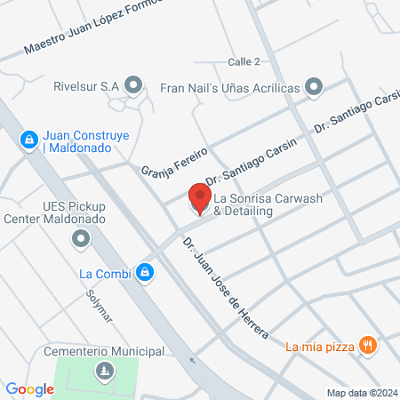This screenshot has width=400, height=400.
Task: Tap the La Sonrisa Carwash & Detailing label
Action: tap(263, 201)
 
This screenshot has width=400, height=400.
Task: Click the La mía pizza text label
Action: tap(320, 346)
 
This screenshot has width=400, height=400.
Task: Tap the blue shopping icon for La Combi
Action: tap(144, 273)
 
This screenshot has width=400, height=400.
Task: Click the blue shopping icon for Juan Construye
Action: tap(28, 139)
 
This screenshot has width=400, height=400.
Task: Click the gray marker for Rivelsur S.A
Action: tap(133, 85)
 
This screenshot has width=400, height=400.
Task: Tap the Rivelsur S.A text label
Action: tap(86, 86)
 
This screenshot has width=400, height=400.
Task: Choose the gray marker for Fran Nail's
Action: tap(313, 87)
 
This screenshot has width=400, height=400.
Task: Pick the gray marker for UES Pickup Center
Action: tap(81, 238)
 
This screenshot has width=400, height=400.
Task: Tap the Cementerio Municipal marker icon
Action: tap(104, 370)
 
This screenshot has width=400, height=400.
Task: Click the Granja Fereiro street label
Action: tap(174, 161)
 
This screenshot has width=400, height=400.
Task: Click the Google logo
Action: tap(29, 388)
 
